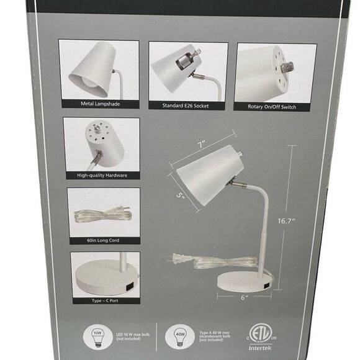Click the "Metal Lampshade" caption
point(99,104)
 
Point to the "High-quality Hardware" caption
point(102,176)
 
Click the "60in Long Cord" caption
point(102,239)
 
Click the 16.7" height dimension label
point(304,220)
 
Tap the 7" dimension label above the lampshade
point(202,145)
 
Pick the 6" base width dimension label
point(244,297)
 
